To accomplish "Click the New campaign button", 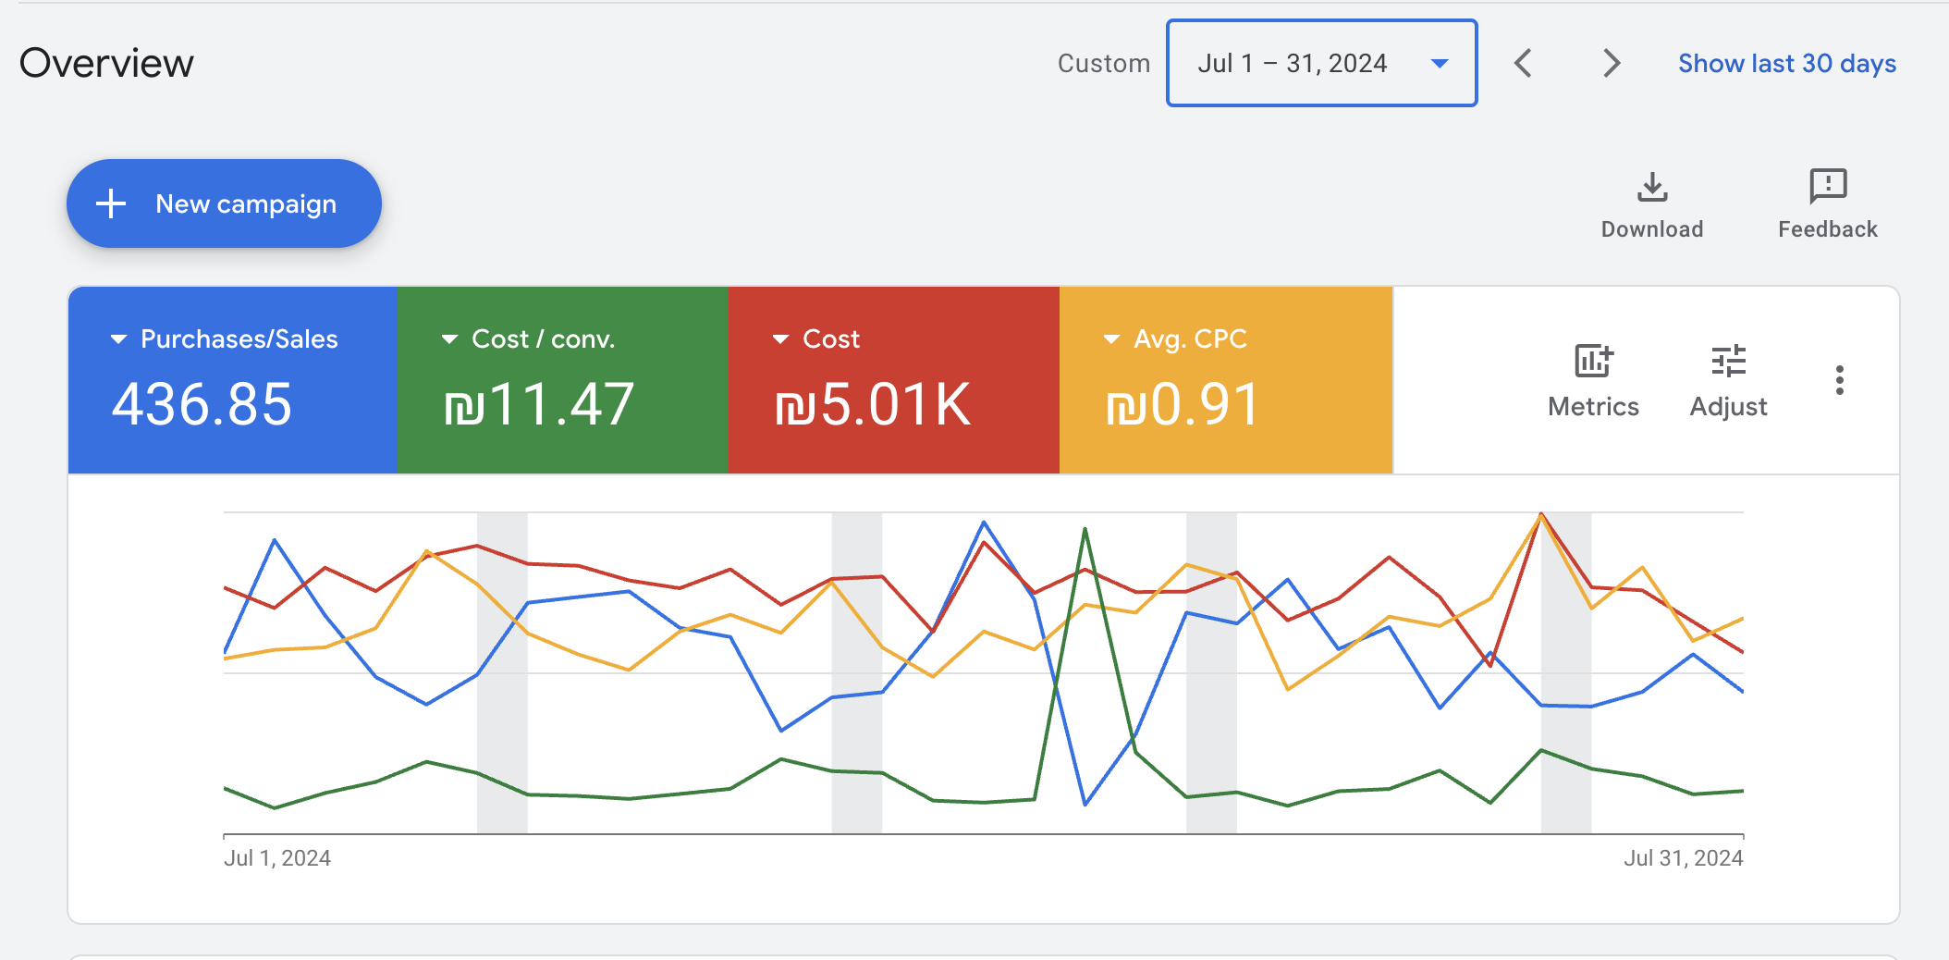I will pyautogui.click(x=224, y=203).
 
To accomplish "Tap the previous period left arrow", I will pyautogui.click(x=1523, y=63).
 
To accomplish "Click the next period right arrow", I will pyautogui.click(x=1611, y=63).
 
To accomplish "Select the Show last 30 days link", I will pyautogui.click(x=1786, y=63).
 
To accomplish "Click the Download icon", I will pyautogui.click(x=1651, y=188).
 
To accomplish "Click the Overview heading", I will pyautogui.click(x=106, y=63).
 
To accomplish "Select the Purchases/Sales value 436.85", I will pyautogui.click(x=202, y=405).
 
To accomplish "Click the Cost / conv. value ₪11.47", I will pyautogui.click(x=539, y=405).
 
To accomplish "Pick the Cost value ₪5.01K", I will pyautogui.click(x=873, y=405).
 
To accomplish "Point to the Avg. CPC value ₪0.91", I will pyautogui.click(x=1183, y=405).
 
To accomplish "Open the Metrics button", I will pyautogui.click(x=1593, y=379).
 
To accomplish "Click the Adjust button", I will pyautogui.click(x=1728, y=379).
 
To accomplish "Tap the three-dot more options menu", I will pyautogui.click(x=1839, y=380).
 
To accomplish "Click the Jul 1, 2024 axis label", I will pyautogui.click(x=277, y=858).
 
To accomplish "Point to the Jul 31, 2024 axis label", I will pyautogui.click(x=1683, y=858).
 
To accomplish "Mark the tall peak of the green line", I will pyautogui.click(x=1085, y=530).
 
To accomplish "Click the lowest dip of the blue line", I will pyautogui.click(x=1085, y=804).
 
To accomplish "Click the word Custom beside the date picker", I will pyautogui.click(x=1103, y=63).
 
